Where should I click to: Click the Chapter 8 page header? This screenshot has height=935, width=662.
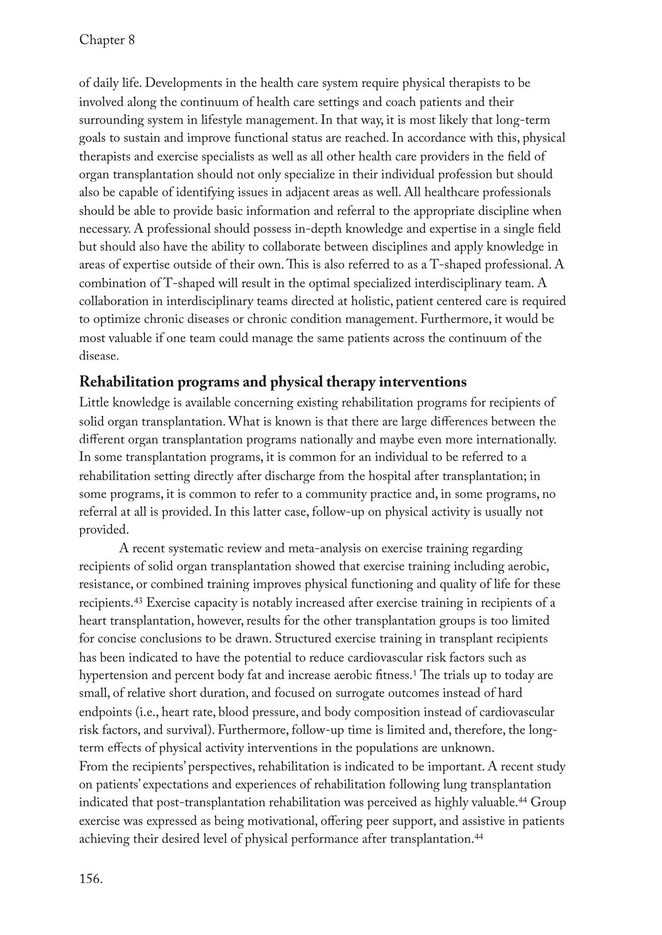click(x=107, y=40)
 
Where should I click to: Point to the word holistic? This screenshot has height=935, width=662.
click(x=369, y=301)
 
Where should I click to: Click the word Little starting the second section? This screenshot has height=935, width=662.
click(x=94, y=403)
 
